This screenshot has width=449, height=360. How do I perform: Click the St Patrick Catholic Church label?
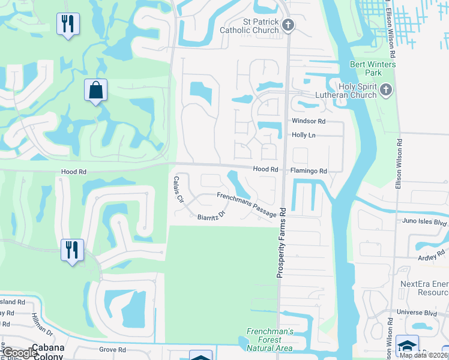pos(261,26)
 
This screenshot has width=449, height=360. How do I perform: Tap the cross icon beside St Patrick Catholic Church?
pos(289,25)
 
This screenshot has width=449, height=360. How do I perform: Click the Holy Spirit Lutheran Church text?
pos(346,90)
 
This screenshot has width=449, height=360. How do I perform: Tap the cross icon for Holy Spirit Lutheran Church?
pos(385,91)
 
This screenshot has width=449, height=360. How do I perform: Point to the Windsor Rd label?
pos(309,121)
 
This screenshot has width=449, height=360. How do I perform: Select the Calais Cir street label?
pos(178,190)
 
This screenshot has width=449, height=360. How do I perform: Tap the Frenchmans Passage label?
pos(246,204)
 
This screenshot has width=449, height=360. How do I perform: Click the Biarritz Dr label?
pos(211,215)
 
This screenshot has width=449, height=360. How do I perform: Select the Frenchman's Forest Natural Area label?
pos(270,340)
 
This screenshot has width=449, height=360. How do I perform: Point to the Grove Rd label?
pos(113,350)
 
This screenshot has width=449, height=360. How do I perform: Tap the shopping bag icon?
pos(95,91)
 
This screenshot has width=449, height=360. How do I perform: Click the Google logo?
pos(19,353)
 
